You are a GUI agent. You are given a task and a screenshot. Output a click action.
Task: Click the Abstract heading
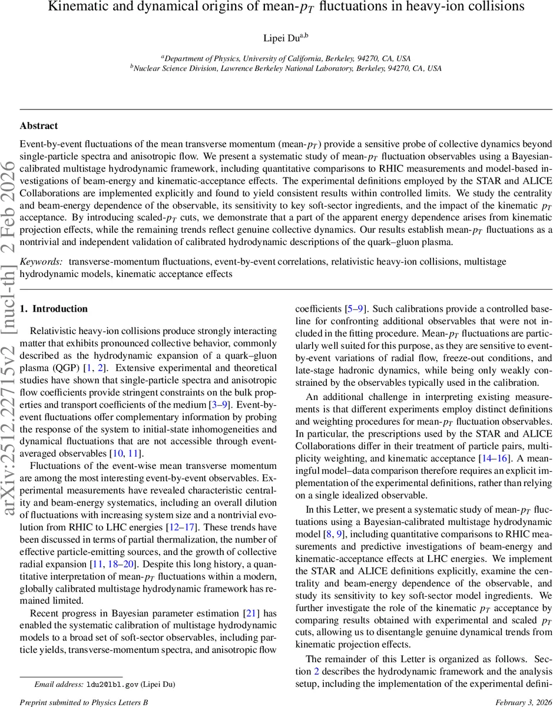tap(39, 126)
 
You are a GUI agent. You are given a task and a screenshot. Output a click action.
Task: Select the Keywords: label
tap(42, 261)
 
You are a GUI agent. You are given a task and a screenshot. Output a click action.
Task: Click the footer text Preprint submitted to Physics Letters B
tap(84, 702)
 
